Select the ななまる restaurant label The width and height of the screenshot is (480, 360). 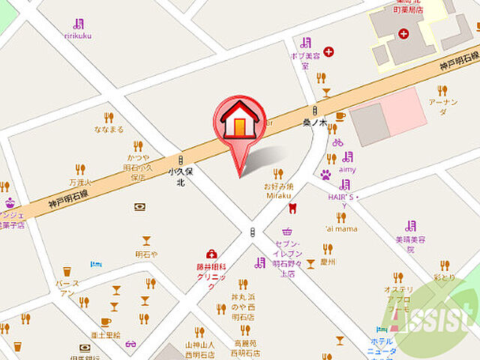(109, 129)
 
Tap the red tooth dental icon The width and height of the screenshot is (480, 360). (293, 208)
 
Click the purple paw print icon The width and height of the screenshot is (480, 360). (326, 175)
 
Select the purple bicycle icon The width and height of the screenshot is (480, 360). (337, 142)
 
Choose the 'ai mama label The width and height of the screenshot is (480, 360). (340, 229)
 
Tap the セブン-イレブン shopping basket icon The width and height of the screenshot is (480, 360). (286, 232)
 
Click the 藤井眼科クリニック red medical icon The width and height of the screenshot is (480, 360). (211, 255)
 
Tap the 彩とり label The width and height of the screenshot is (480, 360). (443, 277)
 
